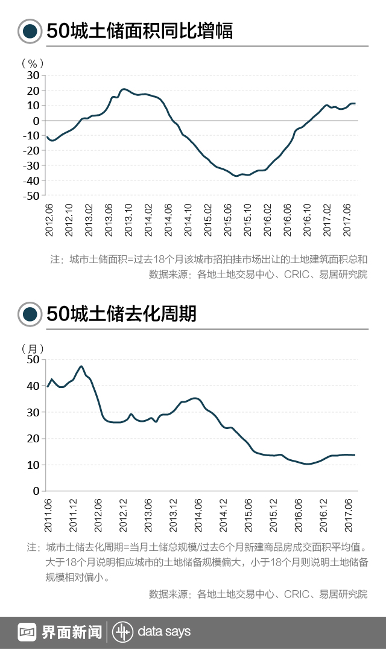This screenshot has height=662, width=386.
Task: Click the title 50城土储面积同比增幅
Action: (139, 31)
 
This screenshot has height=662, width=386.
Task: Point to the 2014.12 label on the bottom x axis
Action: (223, 514)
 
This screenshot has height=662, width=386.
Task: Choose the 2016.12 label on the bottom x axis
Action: (323, 514)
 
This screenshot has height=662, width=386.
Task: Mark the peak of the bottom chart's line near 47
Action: (81, 366)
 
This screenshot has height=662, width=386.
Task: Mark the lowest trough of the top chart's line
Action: (236, 176)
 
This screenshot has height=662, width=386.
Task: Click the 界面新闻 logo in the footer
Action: (60, 632)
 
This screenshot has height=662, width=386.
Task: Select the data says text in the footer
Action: (164, 632)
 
